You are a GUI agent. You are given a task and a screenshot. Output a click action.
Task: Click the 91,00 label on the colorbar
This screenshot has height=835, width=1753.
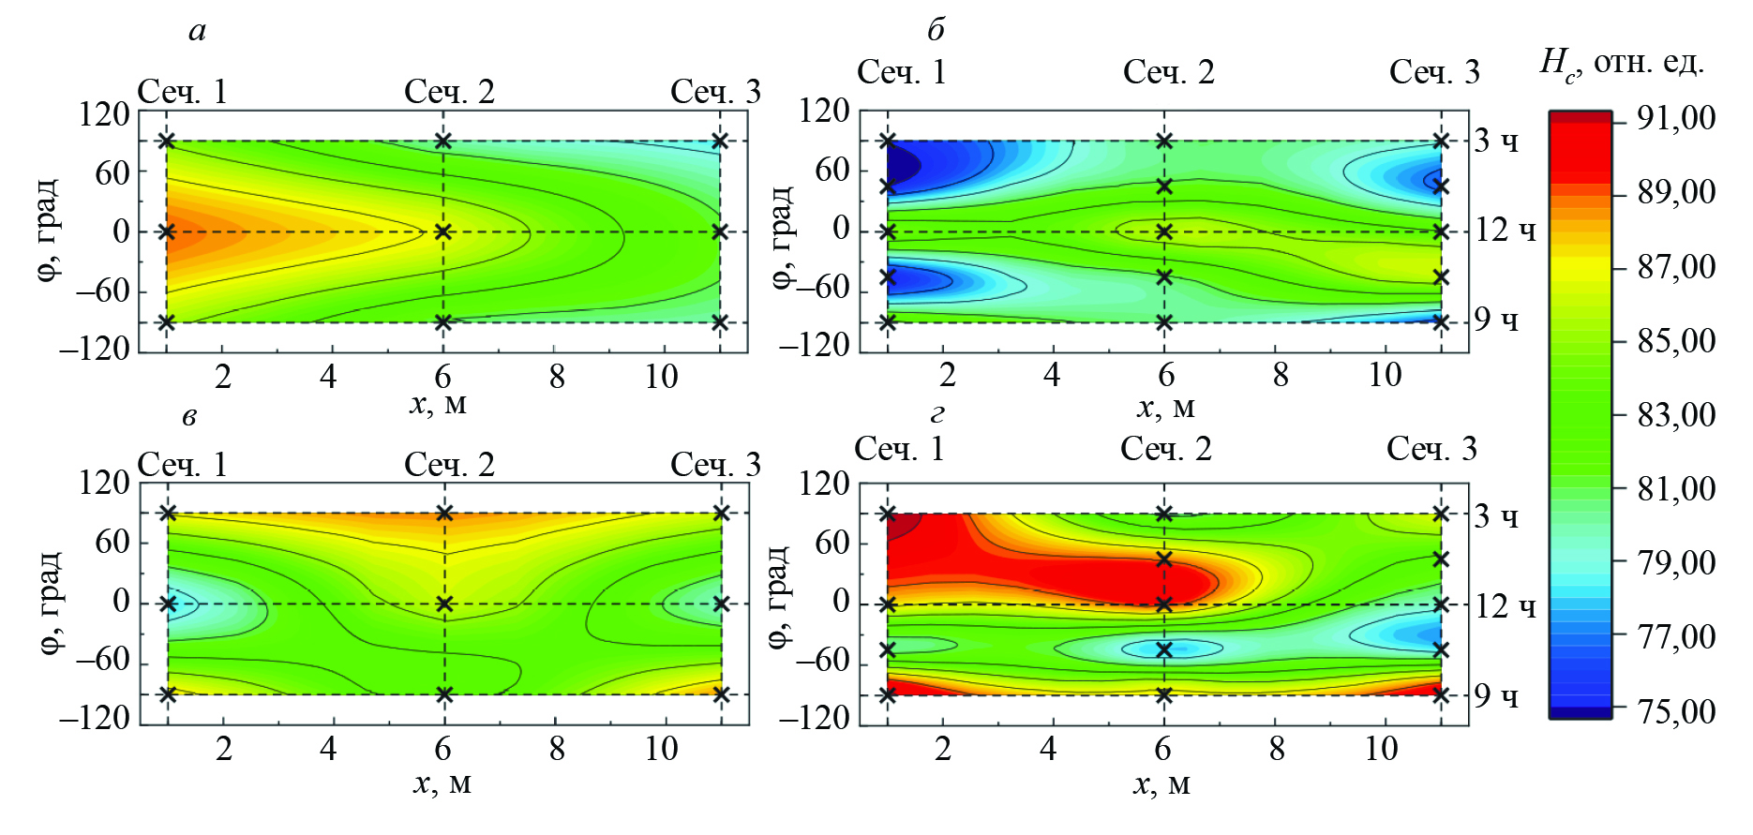1676,119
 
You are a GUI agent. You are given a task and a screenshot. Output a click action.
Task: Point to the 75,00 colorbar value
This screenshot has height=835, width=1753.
1676,712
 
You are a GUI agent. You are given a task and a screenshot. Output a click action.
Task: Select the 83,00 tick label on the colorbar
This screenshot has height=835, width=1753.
1676,415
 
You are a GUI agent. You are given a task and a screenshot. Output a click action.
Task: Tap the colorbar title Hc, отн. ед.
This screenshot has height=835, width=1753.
1622,64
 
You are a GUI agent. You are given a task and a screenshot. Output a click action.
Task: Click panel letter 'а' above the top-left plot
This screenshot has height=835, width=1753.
197,32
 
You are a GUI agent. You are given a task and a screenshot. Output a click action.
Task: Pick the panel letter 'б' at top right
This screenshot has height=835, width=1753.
936,31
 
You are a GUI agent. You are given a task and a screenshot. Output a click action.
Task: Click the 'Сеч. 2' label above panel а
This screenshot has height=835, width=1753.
449,92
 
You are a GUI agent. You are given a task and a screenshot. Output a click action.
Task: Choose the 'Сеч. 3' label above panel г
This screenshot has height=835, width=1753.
1431,449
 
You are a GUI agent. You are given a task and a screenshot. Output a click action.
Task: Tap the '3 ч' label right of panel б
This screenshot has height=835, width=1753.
1496,142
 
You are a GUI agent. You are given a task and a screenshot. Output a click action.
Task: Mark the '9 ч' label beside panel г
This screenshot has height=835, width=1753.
1496,695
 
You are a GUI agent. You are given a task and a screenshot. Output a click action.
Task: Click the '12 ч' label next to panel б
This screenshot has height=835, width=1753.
1506,231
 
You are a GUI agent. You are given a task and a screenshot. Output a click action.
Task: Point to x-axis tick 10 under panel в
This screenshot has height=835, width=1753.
661,749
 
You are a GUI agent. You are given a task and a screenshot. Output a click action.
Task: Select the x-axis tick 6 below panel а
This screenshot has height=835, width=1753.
442,377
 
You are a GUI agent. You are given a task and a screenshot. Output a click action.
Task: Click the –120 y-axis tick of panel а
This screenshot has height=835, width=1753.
95,350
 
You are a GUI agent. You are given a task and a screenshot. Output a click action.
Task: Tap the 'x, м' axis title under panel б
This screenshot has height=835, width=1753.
1165,408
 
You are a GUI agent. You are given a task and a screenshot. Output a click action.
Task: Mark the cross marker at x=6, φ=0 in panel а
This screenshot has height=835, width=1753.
443,231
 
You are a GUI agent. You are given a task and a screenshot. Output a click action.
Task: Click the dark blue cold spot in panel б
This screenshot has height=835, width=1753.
902,164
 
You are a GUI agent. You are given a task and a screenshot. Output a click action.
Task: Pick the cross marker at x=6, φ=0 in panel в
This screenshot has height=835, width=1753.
444,604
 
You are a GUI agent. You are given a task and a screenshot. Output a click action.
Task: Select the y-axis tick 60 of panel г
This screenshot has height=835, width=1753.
832,543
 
